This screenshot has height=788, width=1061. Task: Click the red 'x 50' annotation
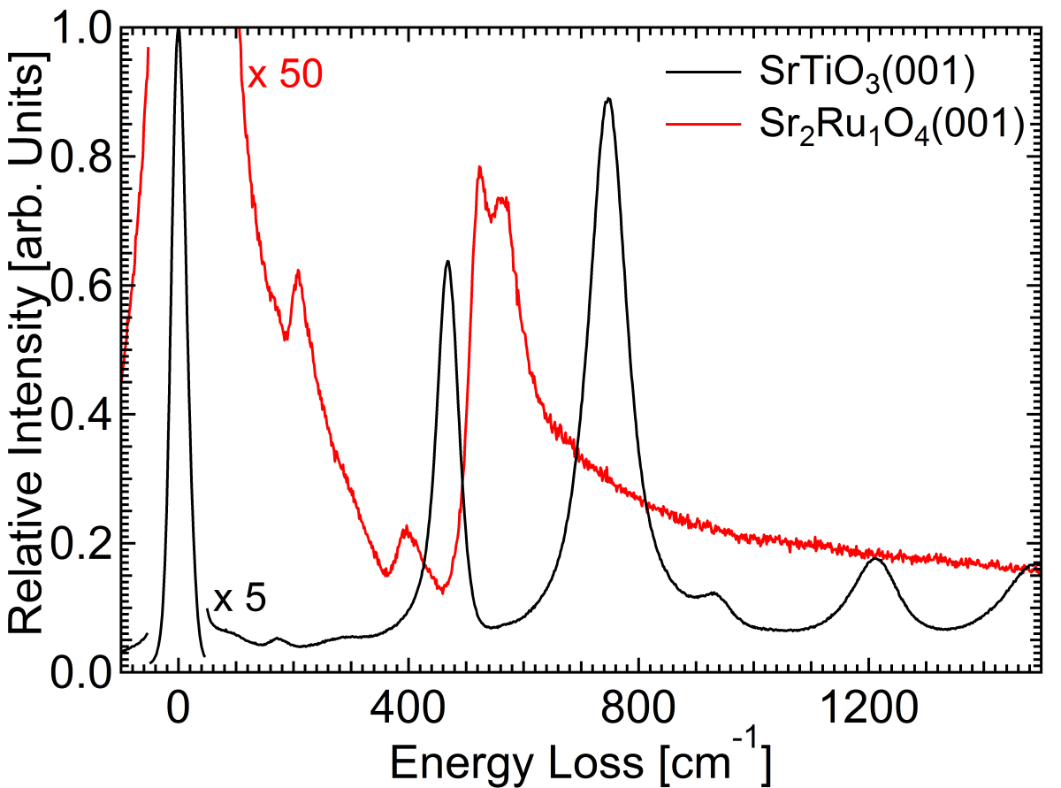pos(285,75)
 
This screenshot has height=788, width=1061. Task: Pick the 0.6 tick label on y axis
pos(80,286)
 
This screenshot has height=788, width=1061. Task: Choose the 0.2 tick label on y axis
pos(80,543)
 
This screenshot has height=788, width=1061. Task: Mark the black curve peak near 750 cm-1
pos(608,99)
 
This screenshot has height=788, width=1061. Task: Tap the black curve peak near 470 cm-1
pos(447,262)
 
